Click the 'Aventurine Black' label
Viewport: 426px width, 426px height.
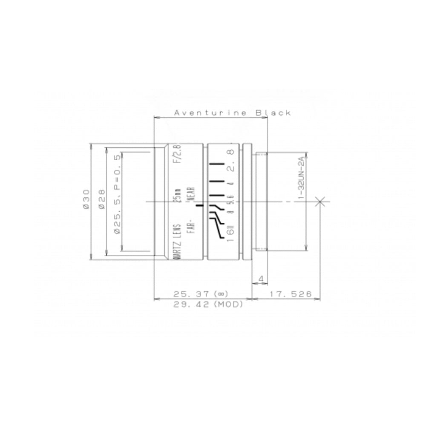click(x=233, y=113)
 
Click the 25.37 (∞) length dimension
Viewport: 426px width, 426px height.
click(x=201, y=294)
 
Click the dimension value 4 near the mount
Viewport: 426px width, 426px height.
click(x=261, y=279)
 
